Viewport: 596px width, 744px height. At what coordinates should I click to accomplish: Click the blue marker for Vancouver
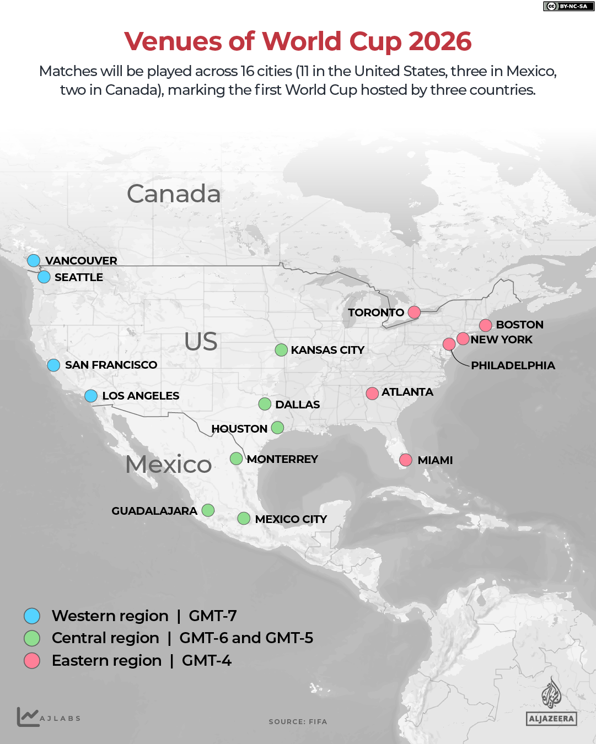coord(34,260)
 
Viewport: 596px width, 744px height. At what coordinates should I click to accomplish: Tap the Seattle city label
coord(78,277)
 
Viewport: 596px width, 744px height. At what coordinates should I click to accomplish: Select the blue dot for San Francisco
coord(53,365)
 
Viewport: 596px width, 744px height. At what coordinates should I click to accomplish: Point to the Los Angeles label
coord(141,396)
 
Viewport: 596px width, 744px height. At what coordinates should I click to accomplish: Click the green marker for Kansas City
coord(281,350)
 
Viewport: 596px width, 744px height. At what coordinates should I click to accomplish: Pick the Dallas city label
coord(297,405)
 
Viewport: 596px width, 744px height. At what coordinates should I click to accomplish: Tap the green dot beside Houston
coord(277,428)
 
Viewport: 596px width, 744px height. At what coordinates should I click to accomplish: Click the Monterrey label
coord(282,459)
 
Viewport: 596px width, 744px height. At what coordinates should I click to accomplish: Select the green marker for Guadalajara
coord(208,510)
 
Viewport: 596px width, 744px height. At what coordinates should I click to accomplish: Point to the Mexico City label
coord(291,519)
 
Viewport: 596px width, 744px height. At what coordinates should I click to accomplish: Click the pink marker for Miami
coord(406,460)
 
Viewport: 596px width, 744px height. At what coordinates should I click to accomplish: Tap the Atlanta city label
coord(407,392)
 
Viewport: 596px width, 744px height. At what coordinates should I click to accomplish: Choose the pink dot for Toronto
coord(414,312)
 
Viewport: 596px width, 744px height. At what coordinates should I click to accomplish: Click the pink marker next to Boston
coord(485,325)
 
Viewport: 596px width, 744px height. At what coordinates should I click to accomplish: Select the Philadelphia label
coord(513,365)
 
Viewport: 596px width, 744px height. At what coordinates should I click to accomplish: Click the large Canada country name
coord(174,193)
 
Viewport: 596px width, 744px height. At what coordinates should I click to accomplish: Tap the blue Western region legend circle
coord(32,616)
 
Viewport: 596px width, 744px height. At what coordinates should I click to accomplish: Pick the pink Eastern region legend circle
coord(32,660)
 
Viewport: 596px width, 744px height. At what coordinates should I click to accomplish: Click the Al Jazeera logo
coord(551,702)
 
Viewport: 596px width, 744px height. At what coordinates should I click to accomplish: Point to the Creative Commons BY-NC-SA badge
coord(568,6)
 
